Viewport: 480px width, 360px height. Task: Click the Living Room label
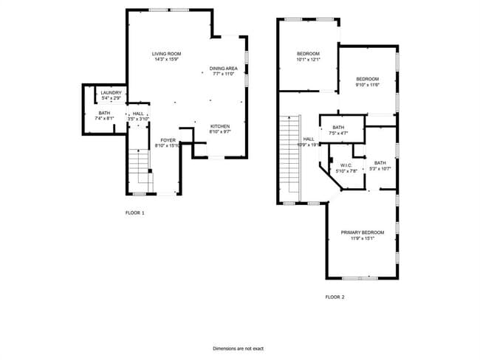click(x=167, y=54)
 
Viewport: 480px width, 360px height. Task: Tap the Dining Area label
click(x=223, y=68)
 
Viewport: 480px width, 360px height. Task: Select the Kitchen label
click(x=221, y=126)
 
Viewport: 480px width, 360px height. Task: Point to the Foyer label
click(x=168, y=139)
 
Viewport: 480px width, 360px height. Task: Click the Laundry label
click(x=112, y=92)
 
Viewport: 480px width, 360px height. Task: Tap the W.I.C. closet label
click(x=345, y=165)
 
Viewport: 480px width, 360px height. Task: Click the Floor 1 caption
click(x=135, y=212)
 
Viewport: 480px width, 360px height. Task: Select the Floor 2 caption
click(x=335, y=297)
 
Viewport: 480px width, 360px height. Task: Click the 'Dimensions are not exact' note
click(x=239, y=347)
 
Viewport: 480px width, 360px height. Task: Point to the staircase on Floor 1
click(x=139, y=170)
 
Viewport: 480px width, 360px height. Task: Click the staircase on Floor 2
click(x=290, y=158)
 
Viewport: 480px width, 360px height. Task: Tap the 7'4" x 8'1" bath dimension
click(x=104, y=118)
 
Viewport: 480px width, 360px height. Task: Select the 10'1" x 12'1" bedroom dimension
click(x=308, y=59)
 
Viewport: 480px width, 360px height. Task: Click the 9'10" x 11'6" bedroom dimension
click(x=367, y=85)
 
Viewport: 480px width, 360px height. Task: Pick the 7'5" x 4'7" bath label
click(x=338, y=134)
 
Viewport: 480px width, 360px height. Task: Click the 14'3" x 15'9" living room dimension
click(x=167, y=59)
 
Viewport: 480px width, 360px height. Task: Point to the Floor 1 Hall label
click(x=138, y=113)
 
